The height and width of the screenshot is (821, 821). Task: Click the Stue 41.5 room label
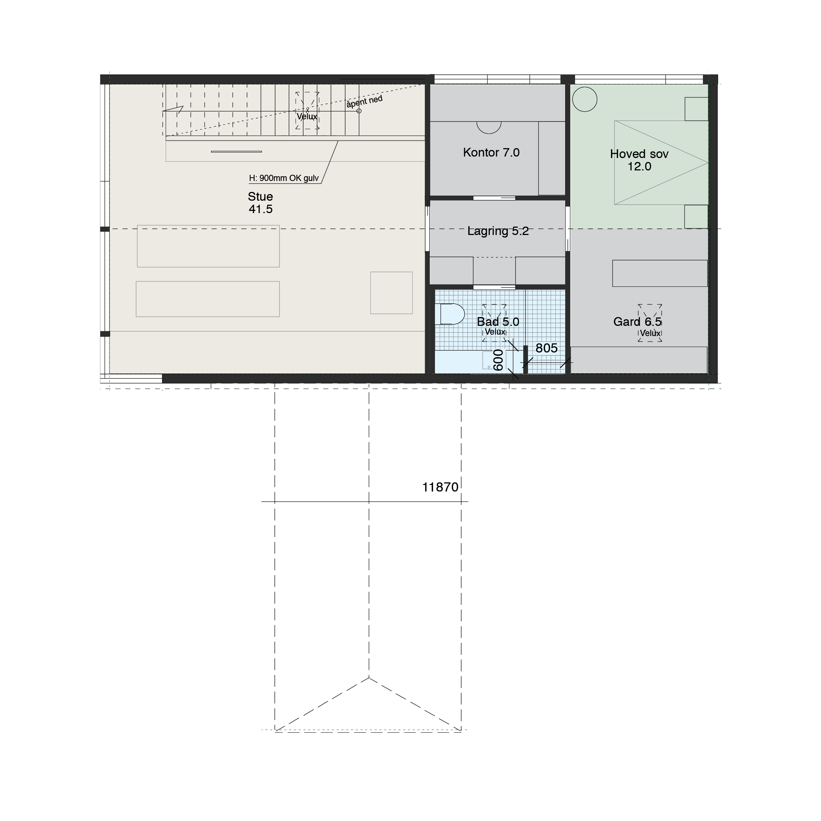(261, 203)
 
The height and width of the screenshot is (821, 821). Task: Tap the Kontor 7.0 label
(491, 153)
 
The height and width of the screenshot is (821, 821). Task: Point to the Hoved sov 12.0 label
(639, 160)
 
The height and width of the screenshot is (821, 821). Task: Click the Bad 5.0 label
(498, 322)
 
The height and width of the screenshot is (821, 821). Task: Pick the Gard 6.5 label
(637, 322)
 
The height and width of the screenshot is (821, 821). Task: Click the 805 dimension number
(547, 348)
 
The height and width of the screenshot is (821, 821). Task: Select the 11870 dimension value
(440, 487)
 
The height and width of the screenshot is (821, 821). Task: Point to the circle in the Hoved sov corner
(585, 100)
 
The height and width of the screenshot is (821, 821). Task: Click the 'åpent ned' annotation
(364, 102)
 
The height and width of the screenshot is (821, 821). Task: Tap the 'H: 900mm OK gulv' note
(284, 178)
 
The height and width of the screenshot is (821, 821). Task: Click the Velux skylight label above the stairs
(307, 116)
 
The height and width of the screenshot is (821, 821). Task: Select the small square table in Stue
(392, 293)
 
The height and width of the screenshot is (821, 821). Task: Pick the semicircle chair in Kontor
(489, 127)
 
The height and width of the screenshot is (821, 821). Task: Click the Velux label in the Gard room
(650, 333)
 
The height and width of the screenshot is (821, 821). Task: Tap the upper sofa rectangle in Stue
(208, 246)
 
